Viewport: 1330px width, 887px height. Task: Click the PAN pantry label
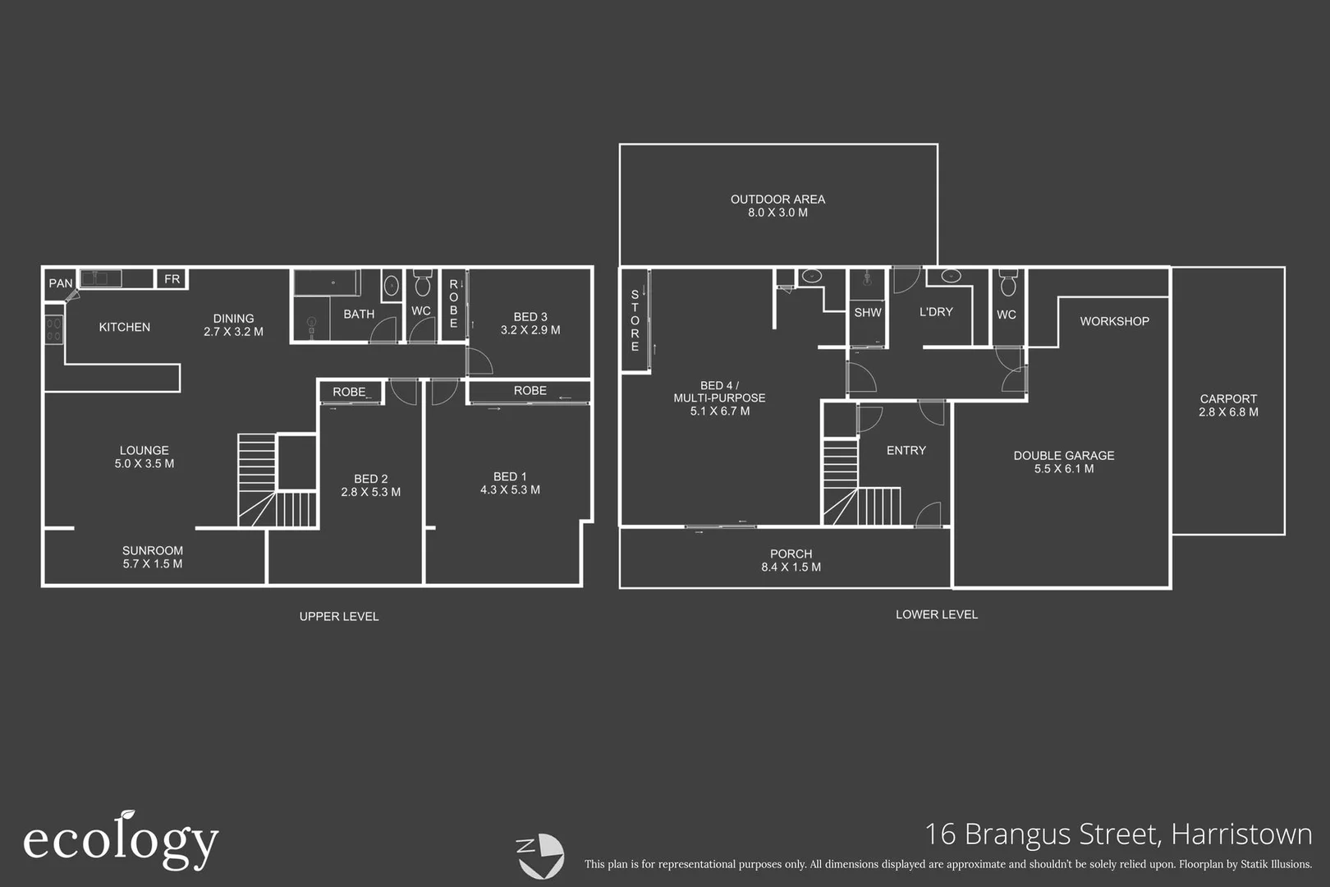pos(60,283)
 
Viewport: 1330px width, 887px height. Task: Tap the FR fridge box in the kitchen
pos(172,279)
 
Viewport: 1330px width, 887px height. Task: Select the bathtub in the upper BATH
pos(327,283)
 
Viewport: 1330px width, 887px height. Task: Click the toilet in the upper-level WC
pos(422,284)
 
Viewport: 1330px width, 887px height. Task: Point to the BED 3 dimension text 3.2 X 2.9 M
pos(530,330)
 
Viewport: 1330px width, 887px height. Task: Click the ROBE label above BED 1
pos(530,391)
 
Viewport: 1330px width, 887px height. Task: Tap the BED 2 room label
pos(370,479)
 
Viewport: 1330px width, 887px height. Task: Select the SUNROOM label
pos(153,551)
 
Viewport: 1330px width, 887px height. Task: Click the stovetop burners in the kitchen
pos(53,329)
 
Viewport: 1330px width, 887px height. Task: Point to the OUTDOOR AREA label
pos(777,200)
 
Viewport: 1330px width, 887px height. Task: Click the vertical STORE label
pos(635,320)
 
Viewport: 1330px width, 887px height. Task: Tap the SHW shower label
pos(867,313)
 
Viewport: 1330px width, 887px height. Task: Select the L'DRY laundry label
pos(936,312)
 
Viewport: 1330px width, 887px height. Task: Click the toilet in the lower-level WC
pos(1008,284)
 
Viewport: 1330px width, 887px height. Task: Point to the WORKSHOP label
pos(1114,321)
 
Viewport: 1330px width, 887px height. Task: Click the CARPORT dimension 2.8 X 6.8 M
pos(1228,412)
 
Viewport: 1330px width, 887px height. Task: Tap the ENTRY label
pos(906,450)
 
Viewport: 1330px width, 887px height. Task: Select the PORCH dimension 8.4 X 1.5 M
pos(791,568)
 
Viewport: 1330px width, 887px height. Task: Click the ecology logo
pos(121,841)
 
